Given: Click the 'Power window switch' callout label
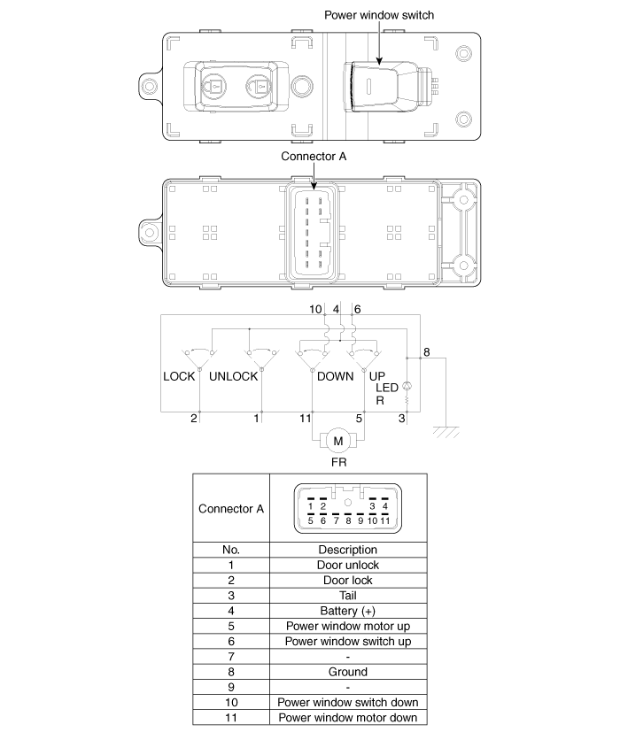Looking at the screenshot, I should [x=379, y=15].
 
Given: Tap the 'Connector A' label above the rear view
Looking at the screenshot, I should [x=314, y=156].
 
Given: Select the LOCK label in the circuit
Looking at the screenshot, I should [x=179, y=376].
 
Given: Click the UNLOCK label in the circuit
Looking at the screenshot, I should [x=233, y=376].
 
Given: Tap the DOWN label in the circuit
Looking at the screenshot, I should [x=335, y=376].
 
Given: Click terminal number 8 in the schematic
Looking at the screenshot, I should [x=426, y=352].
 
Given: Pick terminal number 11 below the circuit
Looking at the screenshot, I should [x=305, y=417].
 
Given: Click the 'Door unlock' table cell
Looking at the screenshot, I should [x=347, y=565].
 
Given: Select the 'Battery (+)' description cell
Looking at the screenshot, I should [x=347, y=611].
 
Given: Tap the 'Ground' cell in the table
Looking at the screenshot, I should [x=347, y=672].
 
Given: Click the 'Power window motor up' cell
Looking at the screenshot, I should [x=347, y=626].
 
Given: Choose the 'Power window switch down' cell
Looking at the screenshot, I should [x=347, y=702].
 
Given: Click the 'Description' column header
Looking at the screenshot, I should [x=347, y=550].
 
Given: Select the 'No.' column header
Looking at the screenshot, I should [x=230, y=550].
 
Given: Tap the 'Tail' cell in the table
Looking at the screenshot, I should [x=347, y=596].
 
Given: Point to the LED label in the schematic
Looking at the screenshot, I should [x=387, y=388].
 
